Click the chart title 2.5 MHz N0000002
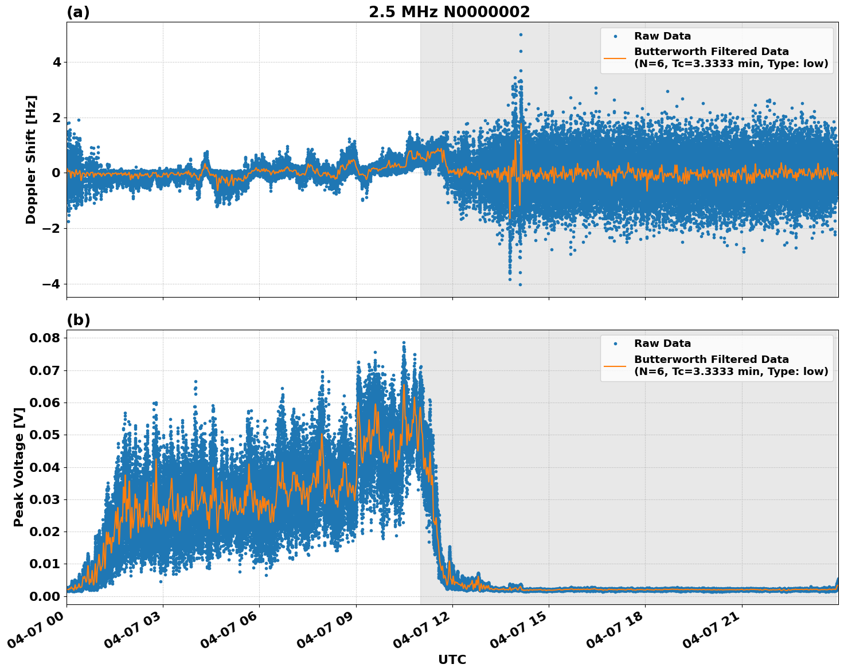(x=449, y=12)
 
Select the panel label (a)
(x=78, y=12)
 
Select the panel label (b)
(x=78, y=320)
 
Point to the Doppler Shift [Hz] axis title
(x=31, y=159)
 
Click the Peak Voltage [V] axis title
(x=19, y=467)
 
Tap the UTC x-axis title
(x=452, y=659)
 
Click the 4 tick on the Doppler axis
(x=56, y=62)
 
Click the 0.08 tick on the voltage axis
(x=45, y=338)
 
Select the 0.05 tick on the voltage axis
(x=45, y=435)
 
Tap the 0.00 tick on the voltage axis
(x=45, y=596)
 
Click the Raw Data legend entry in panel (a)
(x=662, y=36)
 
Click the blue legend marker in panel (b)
(x=615, y=344)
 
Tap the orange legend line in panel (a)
(x=615, y=58)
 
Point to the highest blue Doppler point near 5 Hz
(x=521, y=34)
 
